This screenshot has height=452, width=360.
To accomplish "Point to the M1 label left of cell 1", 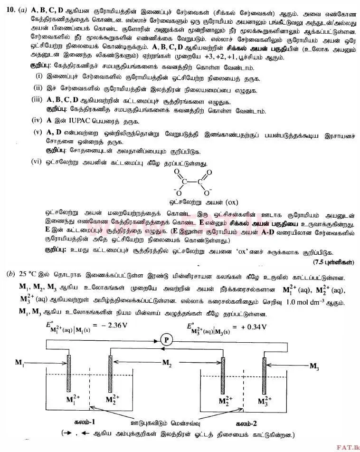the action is [x=19, y=363].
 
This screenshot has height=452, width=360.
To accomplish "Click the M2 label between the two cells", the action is [x=167, y=363].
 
